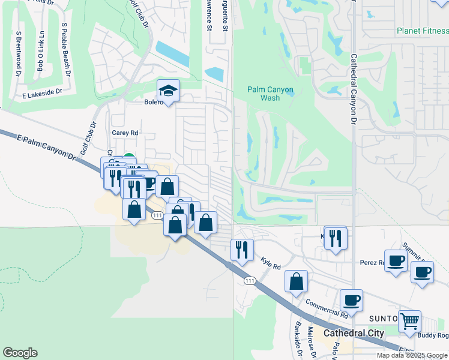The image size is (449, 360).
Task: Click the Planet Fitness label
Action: [x=423, y=31]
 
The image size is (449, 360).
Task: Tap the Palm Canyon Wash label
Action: [x=270, y=94]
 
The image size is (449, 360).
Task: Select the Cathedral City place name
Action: [x=353, y=333]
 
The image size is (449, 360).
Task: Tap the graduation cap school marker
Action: [x=168, y=91]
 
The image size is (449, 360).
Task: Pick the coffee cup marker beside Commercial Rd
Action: [x=351, y=299]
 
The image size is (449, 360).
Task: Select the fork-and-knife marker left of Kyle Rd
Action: [x=242, y=249]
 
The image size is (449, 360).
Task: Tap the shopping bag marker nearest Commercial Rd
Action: [x=296, y=281]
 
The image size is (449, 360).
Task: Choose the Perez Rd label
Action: [x=372, y=262]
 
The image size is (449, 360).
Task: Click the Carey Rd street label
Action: [x=125, y=133]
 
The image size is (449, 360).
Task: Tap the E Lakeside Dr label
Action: [x=42, y=94]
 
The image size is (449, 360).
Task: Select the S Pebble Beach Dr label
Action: [x=66, y=51]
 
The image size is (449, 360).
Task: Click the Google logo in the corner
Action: [x=20, y=353]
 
